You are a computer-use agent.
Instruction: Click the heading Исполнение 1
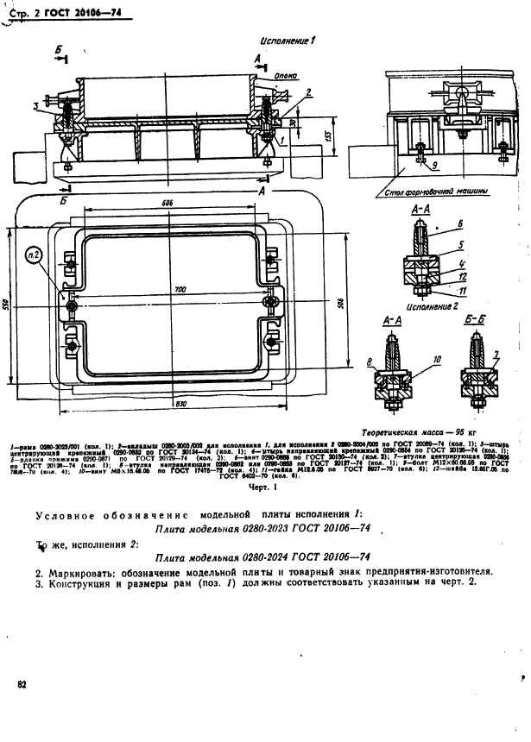(288, 41)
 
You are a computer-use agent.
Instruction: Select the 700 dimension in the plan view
(179, 289)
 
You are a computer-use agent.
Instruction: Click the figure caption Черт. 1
(260, 487)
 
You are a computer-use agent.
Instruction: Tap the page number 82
(21, 684)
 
